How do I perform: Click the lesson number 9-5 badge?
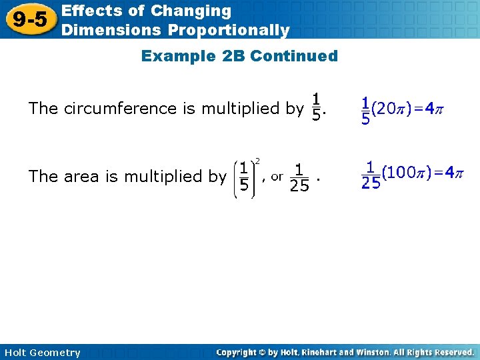30,19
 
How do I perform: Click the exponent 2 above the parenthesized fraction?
258,160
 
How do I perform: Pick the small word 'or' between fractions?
277,176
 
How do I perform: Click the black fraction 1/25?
299,177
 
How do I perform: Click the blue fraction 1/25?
370,176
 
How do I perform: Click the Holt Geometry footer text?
41,352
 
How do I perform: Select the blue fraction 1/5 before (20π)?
365,110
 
